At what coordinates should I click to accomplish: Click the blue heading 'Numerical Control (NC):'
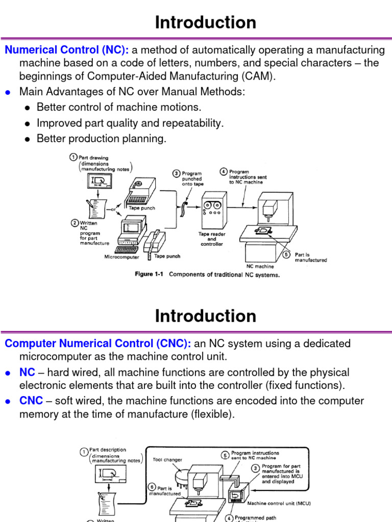tap(67, 50)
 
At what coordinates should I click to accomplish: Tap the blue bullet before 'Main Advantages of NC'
tap(8, 92)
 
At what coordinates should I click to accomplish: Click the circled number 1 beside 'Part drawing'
tap(73, 158)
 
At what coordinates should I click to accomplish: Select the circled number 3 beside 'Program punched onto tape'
tap(176, 173)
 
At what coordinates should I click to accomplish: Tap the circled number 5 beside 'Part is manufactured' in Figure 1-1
tap(286, 254)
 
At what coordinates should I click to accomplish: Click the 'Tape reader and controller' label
tap(211, 239)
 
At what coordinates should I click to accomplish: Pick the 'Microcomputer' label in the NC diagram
tap(122, 257)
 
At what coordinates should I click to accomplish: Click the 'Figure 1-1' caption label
tap(150, 274)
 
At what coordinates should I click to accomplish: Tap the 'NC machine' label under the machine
tap(260, 266)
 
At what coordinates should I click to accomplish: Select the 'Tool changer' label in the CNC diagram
tap(167, 459)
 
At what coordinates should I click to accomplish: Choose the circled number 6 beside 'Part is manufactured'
tap(152, 486)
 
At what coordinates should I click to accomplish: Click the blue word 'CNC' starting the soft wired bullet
tap(31, 401)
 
